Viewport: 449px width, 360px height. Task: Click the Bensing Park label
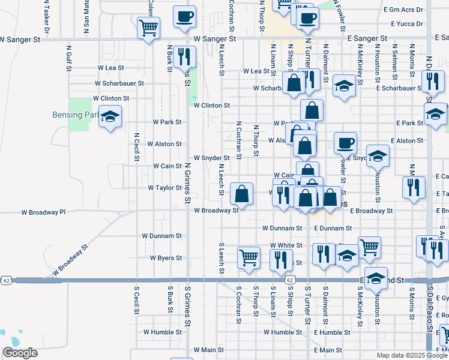[83, 115]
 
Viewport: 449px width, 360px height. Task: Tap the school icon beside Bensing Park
[110, 117]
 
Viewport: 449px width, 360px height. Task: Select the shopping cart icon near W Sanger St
[148, 27]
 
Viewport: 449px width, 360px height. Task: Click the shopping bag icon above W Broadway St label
[241, 194]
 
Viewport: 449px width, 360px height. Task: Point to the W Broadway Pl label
[43, 212]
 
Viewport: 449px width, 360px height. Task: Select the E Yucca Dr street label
[406, 24]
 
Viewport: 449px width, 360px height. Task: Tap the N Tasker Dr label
[46, 17]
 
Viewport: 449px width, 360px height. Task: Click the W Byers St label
[161, 258]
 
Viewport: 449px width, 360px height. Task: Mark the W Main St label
[208, 349]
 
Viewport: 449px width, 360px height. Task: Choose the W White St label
[286, 245]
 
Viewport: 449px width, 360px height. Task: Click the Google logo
[20, 353]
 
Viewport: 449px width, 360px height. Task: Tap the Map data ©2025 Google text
[411, 355]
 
